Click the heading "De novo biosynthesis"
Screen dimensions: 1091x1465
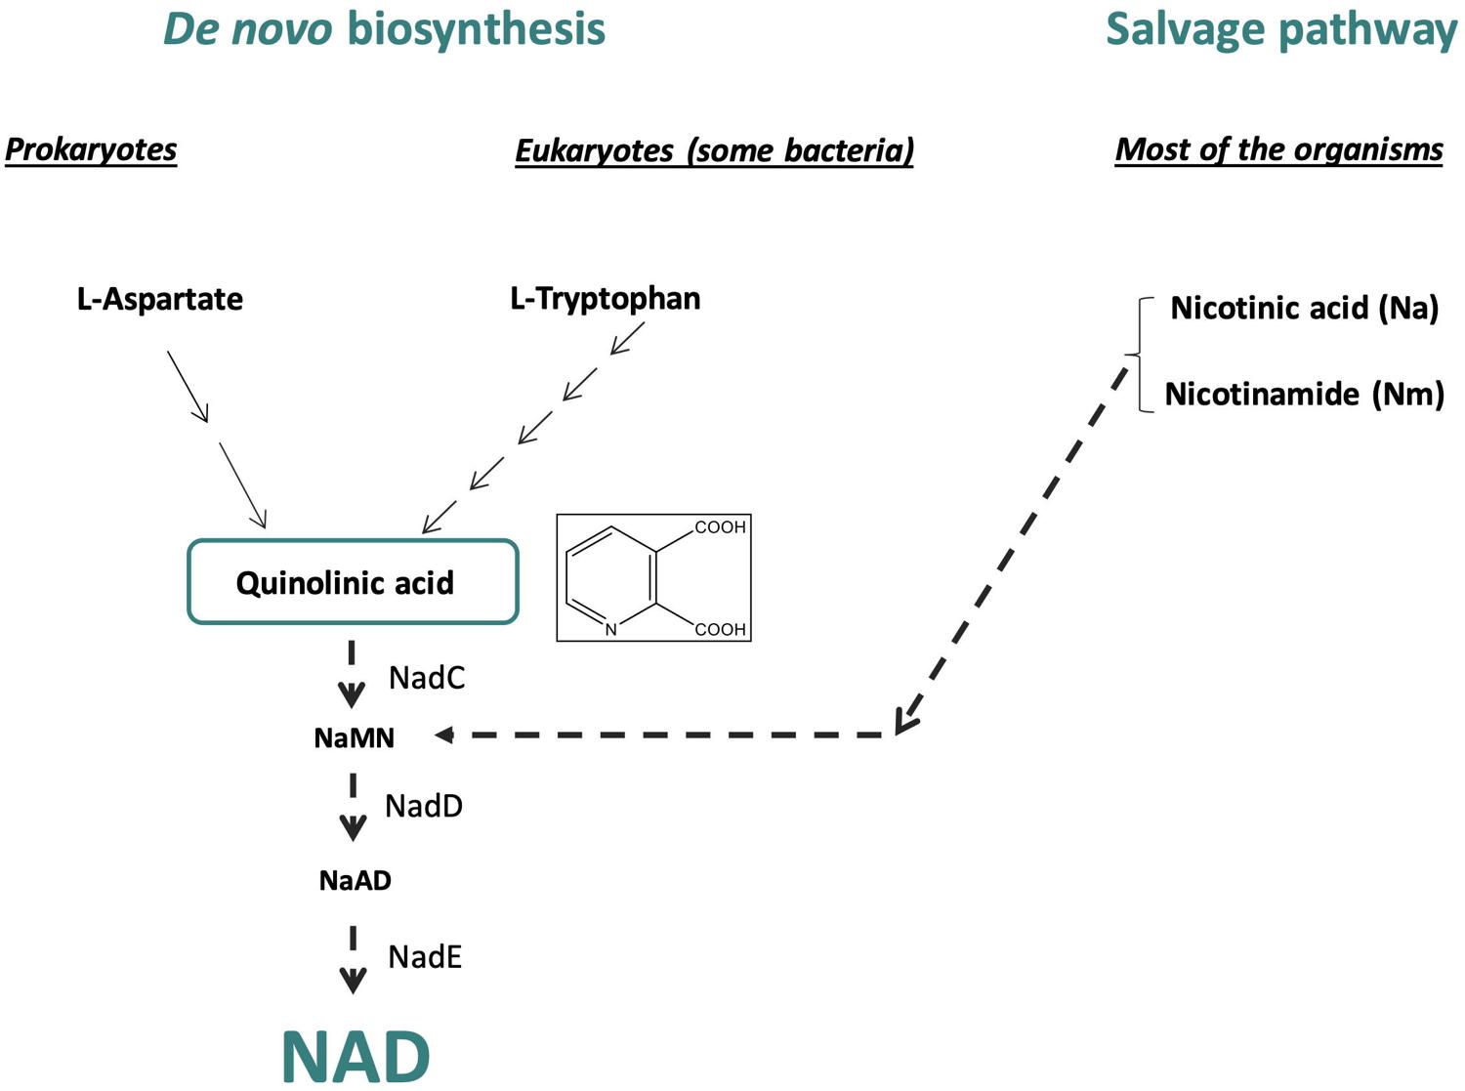(x=384, y=28)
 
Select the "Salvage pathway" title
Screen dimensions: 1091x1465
(x=1280, y=28)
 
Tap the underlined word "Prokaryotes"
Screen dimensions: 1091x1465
(x=91, y=149)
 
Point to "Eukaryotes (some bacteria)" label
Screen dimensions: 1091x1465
(x=714, y=150)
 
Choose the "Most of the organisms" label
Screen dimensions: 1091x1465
(x=1278, y=149)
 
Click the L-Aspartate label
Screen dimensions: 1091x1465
(x=160, y=299)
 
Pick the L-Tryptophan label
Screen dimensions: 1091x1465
(x=606, y=298)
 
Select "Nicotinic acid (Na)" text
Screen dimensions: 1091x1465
(x=1304, y=308)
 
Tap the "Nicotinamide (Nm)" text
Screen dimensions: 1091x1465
(x=1304, y=394)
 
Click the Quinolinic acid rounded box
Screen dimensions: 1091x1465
(x=353, y=582)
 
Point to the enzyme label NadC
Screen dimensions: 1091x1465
(x=427, y=678)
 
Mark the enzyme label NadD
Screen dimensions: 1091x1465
(x=424, y=806)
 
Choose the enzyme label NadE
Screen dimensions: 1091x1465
(x=425, y=956)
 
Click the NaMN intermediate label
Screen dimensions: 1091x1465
(x=355, y=737)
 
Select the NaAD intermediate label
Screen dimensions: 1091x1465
(x=356, y=880)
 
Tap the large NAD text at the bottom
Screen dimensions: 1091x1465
(x=356, y=1056)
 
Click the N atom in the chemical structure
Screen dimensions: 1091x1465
(x=611, y=630)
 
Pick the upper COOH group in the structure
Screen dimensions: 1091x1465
(x=720, y=527)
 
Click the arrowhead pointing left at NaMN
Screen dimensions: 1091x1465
(x=443, y=734)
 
